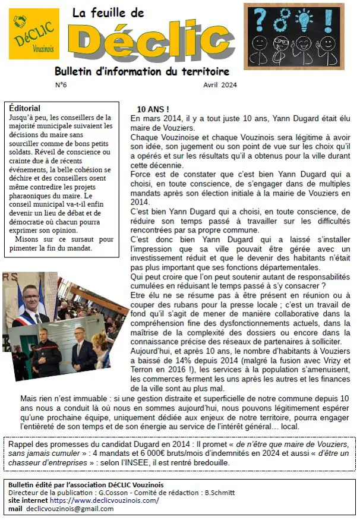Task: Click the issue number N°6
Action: click(61, 85)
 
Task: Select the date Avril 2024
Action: click(220, 85)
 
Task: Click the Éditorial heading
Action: click(26, 109)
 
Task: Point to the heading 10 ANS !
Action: click(153, 110)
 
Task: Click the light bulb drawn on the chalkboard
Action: click(304, 18)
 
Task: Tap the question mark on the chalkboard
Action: click(260, 18)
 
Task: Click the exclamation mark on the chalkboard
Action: click(328, 18)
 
